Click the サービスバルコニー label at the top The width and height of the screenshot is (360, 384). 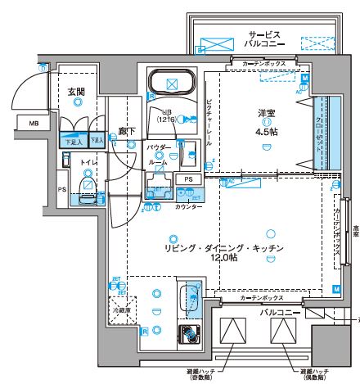pos(263,39)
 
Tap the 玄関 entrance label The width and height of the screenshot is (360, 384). pos(75,91)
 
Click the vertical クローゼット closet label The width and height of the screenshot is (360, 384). pos(319,135)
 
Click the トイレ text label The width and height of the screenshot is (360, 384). pos(87,164)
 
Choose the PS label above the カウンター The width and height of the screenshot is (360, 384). pos(187,179)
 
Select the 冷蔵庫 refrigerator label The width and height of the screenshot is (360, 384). pos(121,311)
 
